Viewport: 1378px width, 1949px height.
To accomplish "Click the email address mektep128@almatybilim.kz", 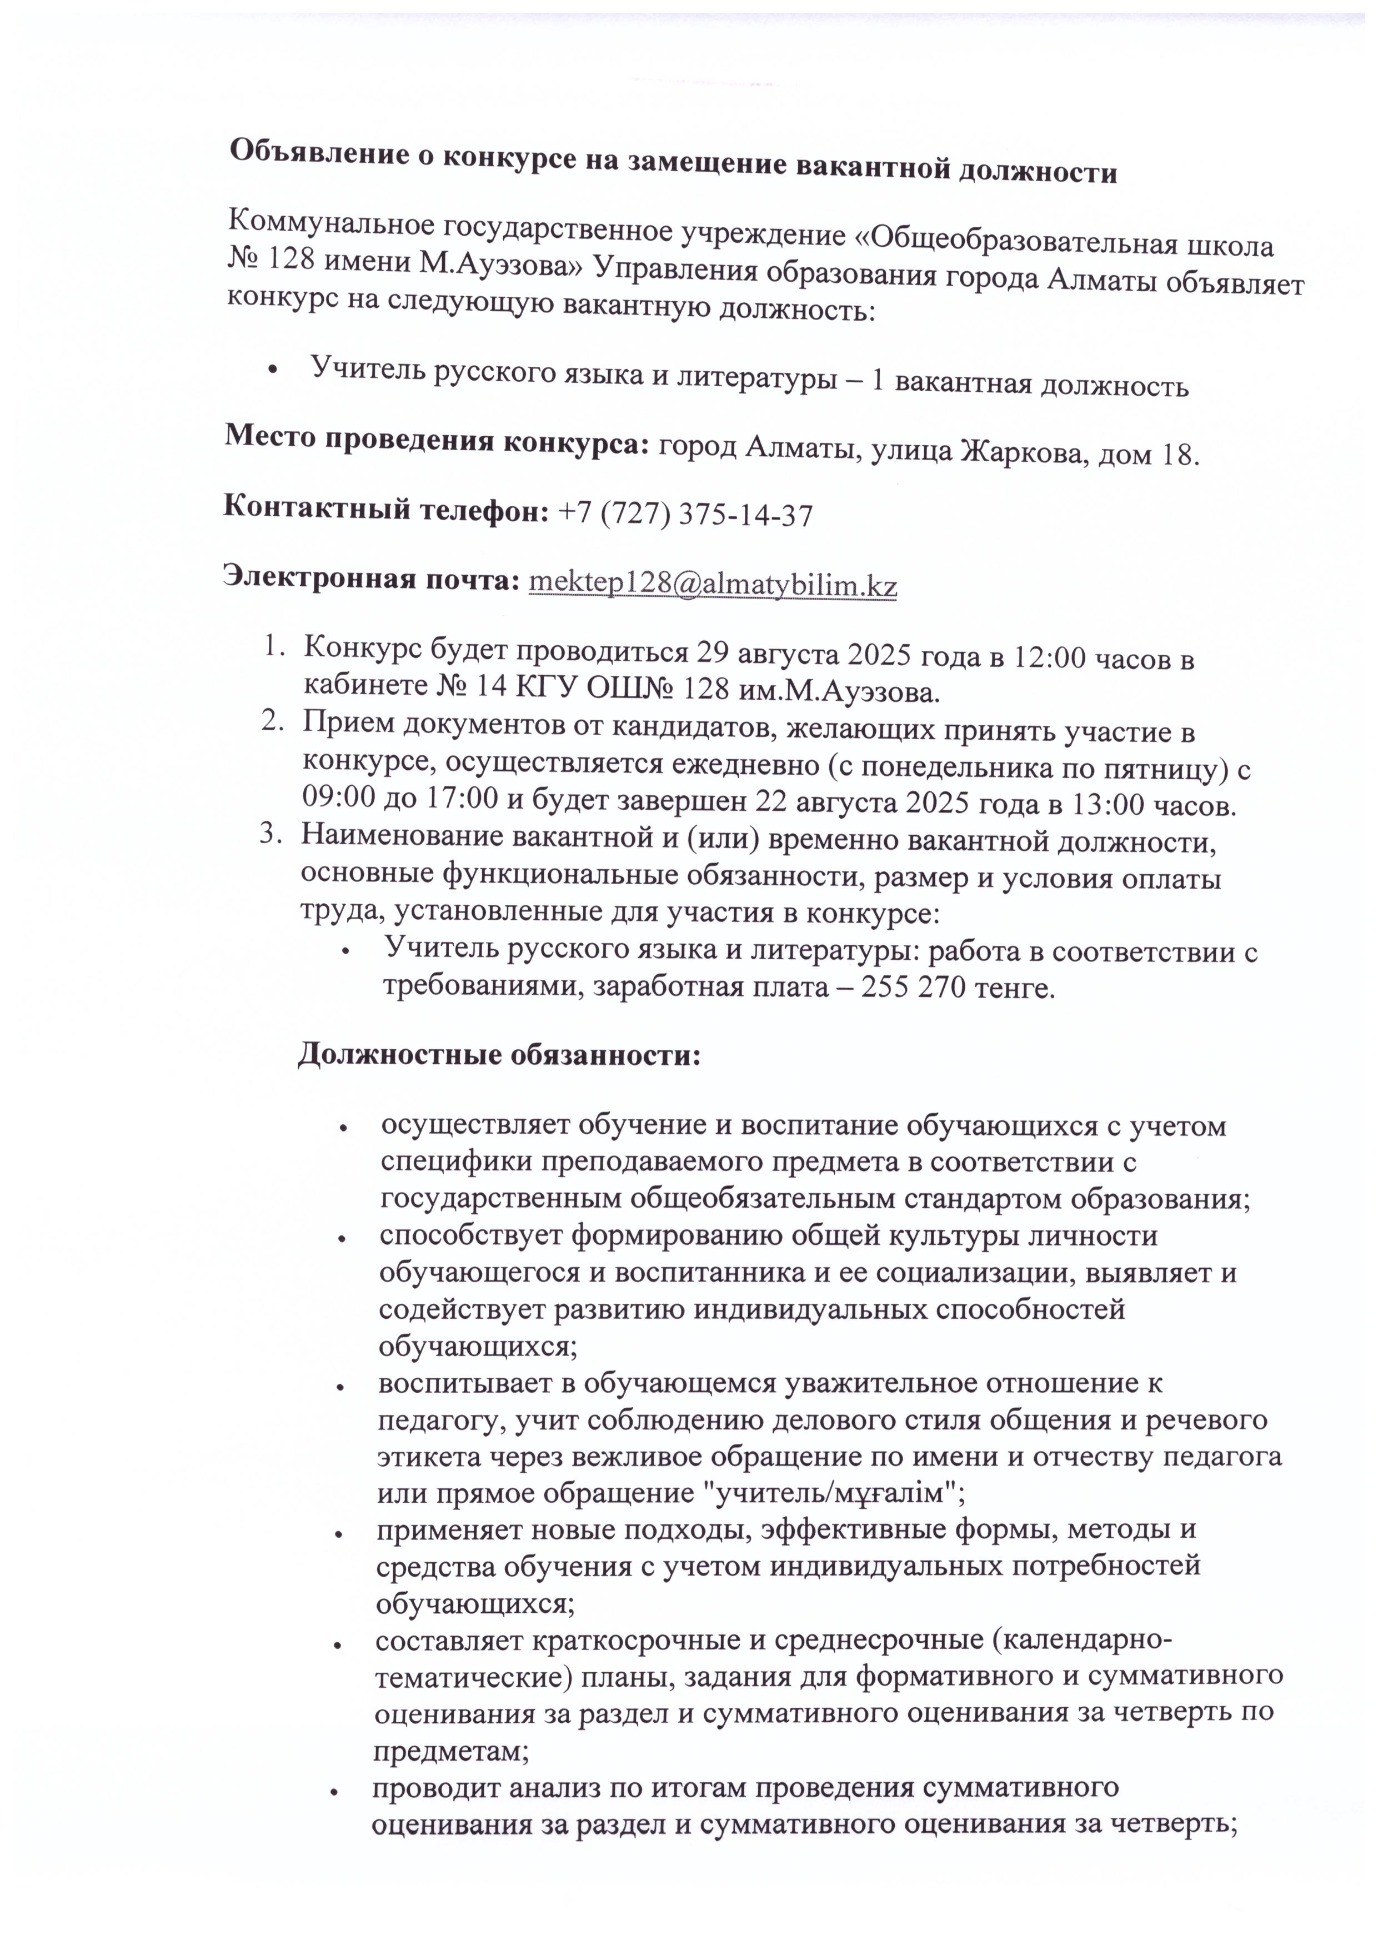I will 713,585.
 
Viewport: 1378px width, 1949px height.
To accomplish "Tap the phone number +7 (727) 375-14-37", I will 685,515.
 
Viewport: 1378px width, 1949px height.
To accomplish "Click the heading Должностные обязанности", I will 499,1057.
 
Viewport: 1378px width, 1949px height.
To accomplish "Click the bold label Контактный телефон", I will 386,509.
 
